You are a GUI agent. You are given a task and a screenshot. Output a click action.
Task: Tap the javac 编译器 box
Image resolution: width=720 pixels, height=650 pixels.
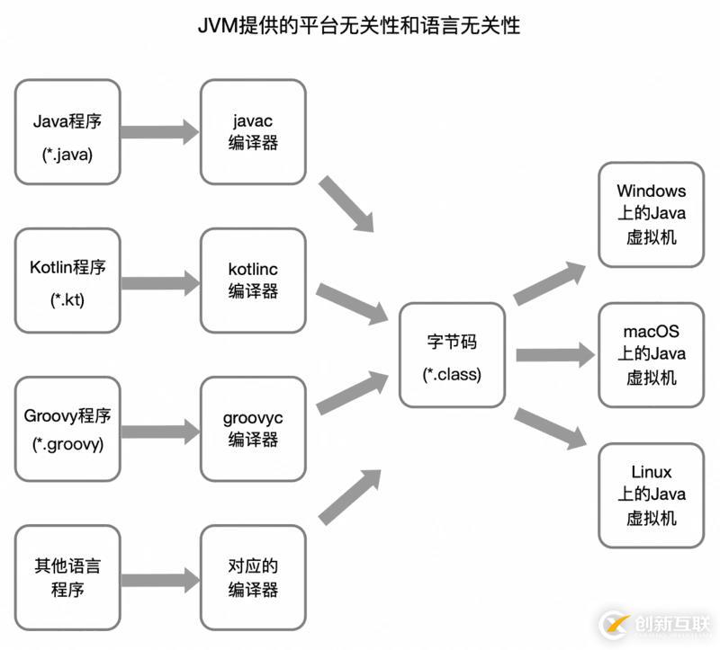[253, 131]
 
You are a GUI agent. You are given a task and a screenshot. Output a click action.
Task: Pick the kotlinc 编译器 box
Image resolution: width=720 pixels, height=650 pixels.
[253, 280]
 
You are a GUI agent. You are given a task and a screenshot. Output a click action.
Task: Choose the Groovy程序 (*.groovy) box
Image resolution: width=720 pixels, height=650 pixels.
[67, 430]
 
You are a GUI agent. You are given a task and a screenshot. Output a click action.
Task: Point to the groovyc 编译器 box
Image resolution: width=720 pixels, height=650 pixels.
[253, 428]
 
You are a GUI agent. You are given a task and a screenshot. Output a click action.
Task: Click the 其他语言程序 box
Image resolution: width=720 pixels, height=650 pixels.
[67, 578]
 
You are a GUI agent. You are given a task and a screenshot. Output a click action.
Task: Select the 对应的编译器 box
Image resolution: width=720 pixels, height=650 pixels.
[253, 578]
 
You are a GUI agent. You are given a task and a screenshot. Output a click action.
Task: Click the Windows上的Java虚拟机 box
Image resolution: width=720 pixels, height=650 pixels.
[651, 214]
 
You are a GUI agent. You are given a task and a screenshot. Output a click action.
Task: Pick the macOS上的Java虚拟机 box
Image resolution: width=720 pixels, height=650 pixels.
[651, 354]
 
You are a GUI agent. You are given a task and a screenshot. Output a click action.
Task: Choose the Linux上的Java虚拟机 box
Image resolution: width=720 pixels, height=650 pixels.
[651, 494]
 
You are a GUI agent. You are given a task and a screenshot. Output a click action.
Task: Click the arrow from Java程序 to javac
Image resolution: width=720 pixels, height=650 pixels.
[159, 132]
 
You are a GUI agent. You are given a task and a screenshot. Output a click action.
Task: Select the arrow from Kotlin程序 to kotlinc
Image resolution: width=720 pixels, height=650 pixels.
[159, 281]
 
